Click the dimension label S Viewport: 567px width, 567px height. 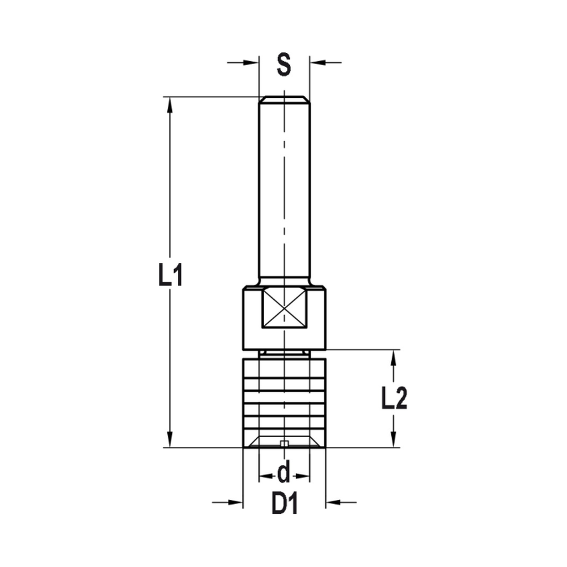[283, 64]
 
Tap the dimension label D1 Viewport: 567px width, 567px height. [284, 503]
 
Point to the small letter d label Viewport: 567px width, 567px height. [284, 472]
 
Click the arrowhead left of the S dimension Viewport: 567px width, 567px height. [252, 62]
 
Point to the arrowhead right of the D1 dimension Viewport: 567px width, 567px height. [332, 502]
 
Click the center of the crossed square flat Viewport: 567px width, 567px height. [284, 308]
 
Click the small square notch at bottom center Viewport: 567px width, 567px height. [285, 443]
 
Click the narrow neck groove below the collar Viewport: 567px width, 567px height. [284, 353]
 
